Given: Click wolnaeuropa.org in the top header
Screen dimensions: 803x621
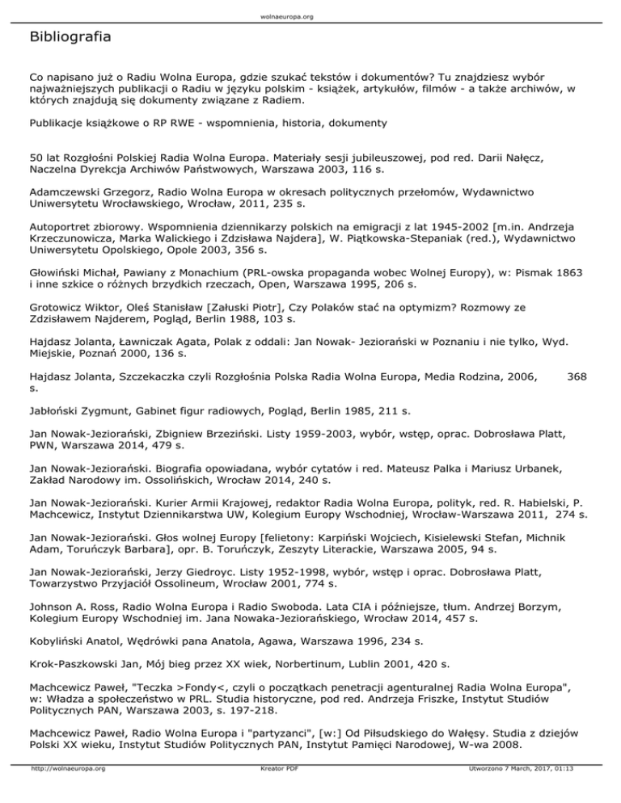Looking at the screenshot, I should click(x=310, y=15).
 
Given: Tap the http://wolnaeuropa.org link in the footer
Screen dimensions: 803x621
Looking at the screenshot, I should click(x=67, y=791).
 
